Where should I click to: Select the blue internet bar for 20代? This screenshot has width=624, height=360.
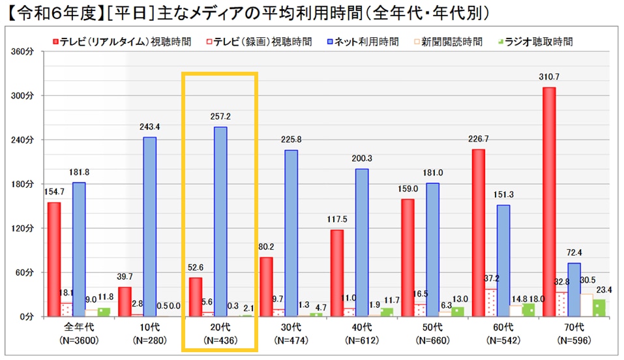click(220, 221)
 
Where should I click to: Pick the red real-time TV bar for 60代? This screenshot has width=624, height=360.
click(479, 232)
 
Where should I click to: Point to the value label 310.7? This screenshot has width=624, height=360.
click(549, 77)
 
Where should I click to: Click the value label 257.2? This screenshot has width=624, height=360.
click(220, 117)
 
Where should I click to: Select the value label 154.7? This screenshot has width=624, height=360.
click(55, 192)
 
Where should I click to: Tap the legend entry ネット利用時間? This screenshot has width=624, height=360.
click(363, 42)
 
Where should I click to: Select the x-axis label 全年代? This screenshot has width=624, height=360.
click(78, 327)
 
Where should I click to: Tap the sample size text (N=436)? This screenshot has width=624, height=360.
click(220, 339)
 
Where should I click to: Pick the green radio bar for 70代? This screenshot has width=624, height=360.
click(599, 307)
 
